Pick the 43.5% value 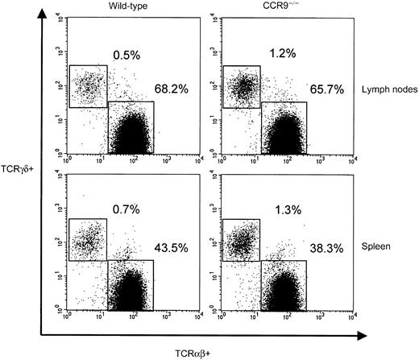tap(172, 246)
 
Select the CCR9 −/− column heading tap(279, 9)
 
